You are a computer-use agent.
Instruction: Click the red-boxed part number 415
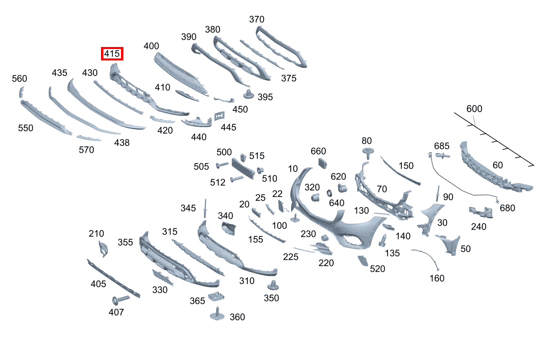[112, 54]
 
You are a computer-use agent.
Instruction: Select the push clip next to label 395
[249, 94]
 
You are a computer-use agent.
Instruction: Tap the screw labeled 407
[121, 300]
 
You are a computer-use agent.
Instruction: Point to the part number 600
[474, 109]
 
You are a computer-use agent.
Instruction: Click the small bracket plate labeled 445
[219, 116]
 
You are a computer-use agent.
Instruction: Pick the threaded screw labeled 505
[222, 165]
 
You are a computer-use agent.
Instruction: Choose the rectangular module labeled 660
[323, 163]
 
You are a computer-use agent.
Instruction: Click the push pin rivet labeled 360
[217, 314]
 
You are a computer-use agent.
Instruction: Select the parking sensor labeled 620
[342, 188]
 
